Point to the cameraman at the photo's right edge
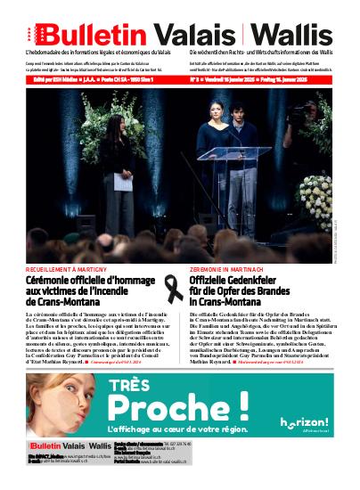pyautogui.click(x=299, y=125)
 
